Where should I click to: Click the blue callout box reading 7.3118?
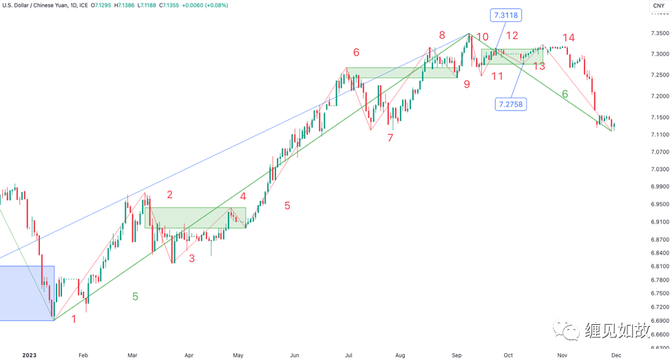[506, 15]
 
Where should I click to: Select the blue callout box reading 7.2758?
[512, 105]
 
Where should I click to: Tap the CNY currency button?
[658, 6]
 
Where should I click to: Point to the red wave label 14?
[568, 38]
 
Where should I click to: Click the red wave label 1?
[74, 319]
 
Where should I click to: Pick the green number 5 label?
[135, 297]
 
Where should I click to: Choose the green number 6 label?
[565, 94]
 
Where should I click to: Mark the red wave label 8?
[442, 35]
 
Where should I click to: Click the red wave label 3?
[192, 258]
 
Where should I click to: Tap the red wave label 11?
[497, 76]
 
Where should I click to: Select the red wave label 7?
[390, 138]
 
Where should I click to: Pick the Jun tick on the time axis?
[294, 355]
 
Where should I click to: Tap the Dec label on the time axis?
[616, 355]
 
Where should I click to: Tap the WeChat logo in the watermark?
[571, 332]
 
